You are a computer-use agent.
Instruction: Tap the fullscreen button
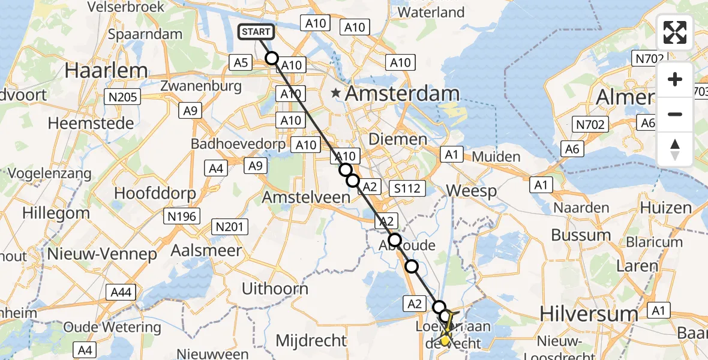click(x=675, y=33)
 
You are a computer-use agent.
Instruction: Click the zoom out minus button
click(x=675, y=114)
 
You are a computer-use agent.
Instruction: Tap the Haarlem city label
click(x=106, y=71)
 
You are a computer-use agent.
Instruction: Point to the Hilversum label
click(x=580, y=313)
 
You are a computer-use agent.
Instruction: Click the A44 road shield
click(x=122, y=292)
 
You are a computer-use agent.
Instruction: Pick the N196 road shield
click(x=182, y=216)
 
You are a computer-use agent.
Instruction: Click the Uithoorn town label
click(x=274, y=289)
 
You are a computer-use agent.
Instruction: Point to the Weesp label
click(x=472, y=192)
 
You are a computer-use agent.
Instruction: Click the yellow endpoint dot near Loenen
click(x=445, y=340)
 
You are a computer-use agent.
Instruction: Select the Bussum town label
click(x=580, y=235)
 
